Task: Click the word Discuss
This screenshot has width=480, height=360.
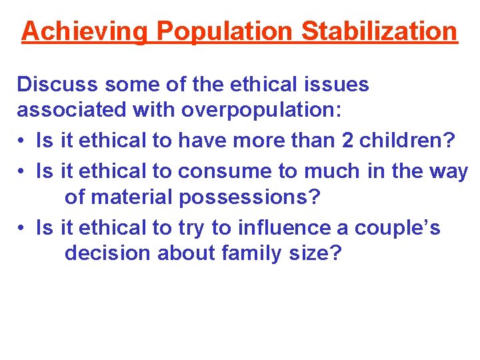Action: click(x=57, y=84)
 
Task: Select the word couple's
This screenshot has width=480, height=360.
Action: click(x=397, y=228)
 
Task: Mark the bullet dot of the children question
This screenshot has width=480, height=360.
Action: click(x=22, y=141)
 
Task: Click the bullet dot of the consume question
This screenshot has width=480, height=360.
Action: click(x=22, y=172)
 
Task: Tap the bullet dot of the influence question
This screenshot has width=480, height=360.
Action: click(x=22, y=229)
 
